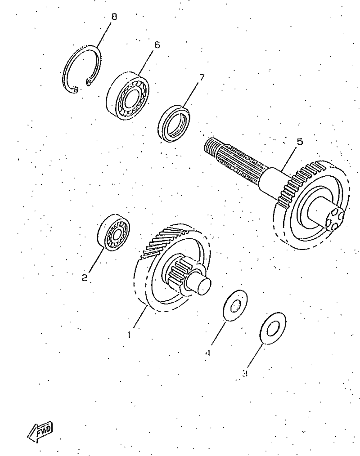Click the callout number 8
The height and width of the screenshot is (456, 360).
(x=114, y=17)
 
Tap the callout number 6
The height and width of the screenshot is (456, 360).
(x=157, y=45)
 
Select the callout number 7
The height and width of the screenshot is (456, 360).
(x=202, y=77)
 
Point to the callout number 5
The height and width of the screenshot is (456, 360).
(x=299, y=142)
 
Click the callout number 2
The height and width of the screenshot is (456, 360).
(x=85, y=278)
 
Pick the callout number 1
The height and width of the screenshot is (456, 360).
(x=129, y=335)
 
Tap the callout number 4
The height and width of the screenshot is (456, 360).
(x=207, y=353)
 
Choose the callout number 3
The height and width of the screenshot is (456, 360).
(x=245, y=373)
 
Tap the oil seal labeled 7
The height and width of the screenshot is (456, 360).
(x=174, y=124)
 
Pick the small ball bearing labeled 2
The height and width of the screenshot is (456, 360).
(x=113, y=232)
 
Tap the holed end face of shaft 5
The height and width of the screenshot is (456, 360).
(x=335, y=218)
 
